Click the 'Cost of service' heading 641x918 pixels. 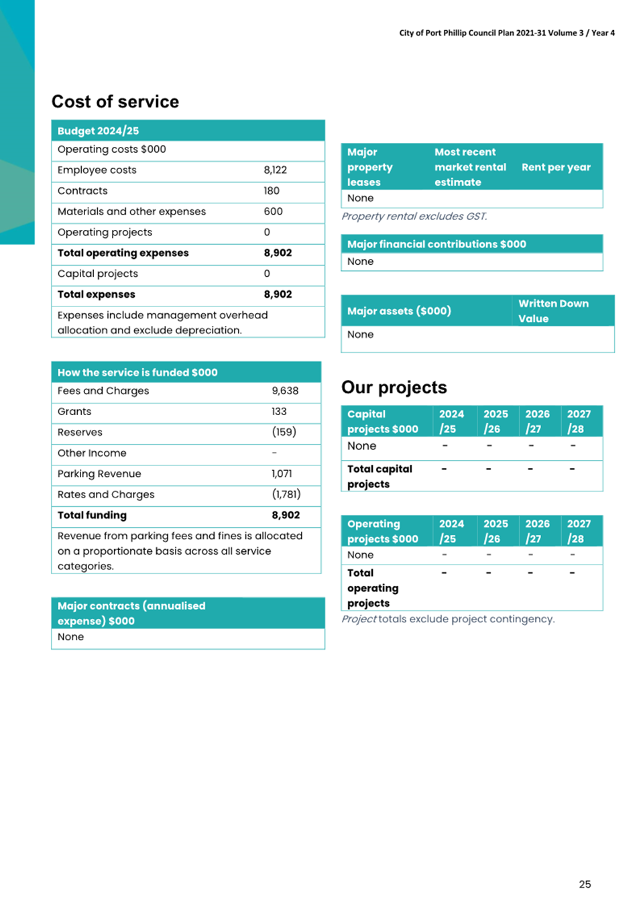tap(115, 102)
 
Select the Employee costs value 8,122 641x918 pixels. tap(275, 170)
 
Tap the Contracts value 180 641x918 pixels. tap(272, 191)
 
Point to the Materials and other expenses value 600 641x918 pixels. tap(273, 212)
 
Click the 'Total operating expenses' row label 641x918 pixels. tap(123, 253)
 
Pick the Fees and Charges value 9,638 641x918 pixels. tap(285, 391)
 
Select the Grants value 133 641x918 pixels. tap(279, 412)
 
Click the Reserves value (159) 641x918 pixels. tap(284, 433)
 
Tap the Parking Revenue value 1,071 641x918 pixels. tap(282, 474)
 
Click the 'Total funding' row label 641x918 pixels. tap(92, 516)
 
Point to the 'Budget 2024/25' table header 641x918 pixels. tap(98, 131)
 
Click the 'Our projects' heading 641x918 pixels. tap(394, 388)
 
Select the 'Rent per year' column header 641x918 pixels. tap(556, 167)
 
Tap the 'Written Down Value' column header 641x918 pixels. tap(553, 311)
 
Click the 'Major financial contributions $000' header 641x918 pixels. tap(436, 244)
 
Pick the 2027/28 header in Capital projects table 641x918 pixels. tap(579, 422)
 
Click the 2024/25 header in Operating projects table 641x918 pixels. tap(451, 531)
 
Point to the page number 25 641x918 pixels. tap(585, 884)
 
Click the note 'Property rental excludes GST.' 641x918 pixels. tap(414, 217)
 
